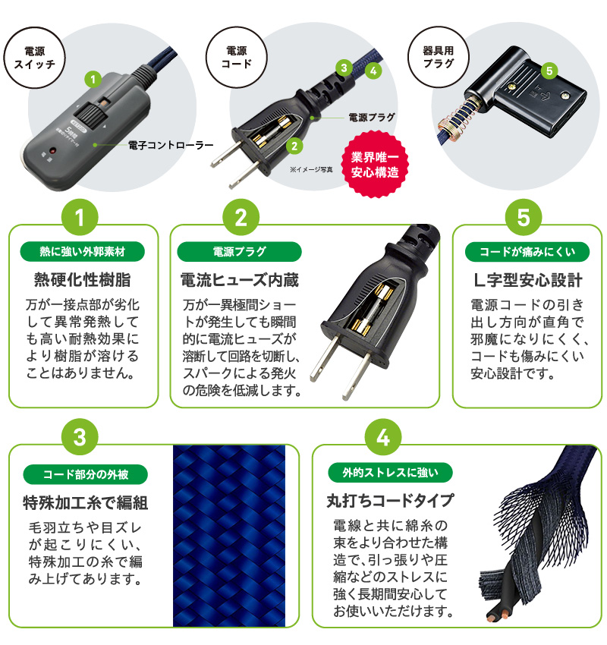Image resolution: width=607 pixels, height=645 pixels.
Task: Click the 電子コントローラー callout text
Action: pos(171,144)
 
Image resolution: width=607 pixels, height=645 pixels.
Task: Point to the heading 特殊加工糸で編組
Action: pos(85,502)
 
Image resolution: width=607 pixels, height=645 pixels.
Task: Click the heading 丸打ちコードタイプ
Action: pos(390,502)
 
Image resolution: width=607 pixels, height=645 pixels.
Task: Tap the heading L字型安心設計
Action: pos(527,281)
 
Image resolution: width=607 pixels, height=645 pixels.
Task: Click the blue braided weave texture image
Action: pos(229,535)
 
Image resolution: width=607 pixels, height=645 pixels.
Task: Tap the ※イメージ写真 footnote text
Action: pos(312,169)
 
